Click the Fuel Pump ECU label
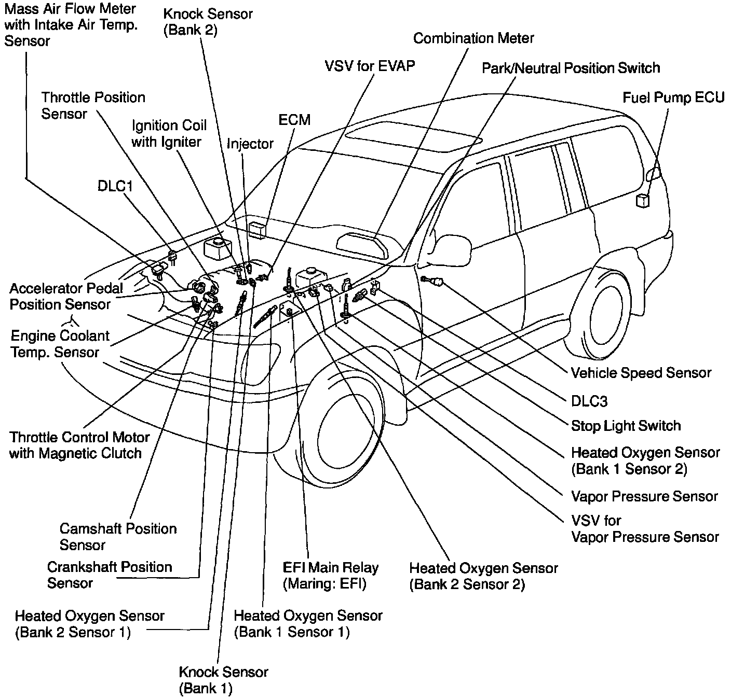(x=673, y=98)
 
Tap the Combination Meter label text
(x=473, y=38)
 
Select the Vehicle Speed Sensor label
(x=641, y=373)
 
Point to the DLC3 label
(x=589, y=401)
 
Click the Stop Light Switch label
(x=626, y=426)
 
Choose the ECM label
(x=294, y=120)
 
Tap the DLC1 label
(x=115, y=186)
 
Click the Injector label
(x=250, y=144)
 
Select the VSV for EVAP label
(x=370, y=66)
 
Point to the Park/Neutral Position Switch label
(x=571, y=68)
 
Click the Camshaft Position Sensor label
(x=118, y=537)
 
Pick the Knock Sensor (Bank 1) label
(x=223, y=680)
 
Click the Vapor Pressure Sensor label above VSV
(x=644, y=496)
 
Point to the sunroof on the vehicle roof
(x=413, y=136)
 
